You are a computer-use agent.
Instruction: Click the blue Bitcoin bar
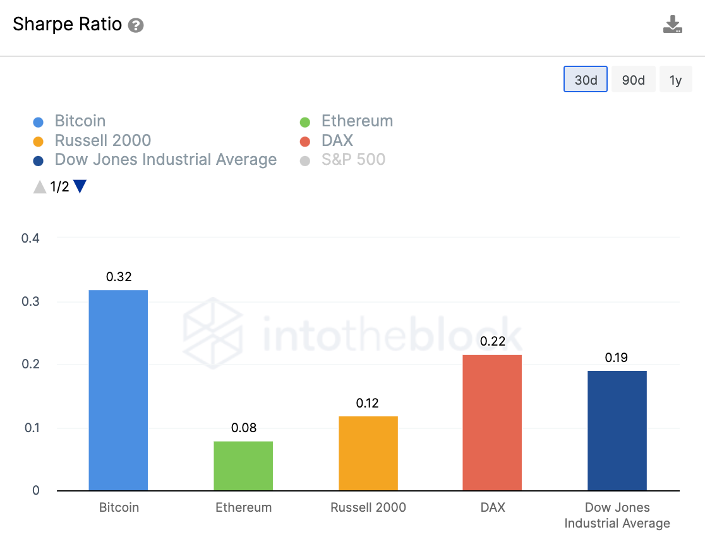point(118,390)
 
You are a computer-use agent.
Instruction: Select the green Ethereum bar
point(243,466)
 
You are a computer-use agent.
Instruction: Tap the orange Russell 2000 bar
point(368,453)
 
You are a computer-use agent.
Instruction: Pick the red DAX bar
point(492,422)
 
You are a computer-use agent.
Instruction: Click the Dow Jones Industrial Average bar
point(617,430)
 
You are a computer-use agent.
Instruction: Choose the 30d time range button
point(586,80)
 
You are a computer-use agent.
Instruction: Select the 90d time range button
point(634,80)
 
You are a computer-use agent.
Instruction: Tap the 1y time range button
point(676,80)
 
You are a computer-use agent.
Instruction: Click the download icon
point(672,25)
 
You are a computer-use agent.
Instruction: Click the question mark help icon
point(136,26)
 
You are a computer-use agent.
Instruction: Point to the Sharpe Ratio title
point(68,25)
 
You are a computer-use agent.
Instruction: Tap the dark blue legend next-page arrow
point(80,186)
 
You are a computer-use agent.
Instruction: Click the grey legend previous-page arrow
point(40,186)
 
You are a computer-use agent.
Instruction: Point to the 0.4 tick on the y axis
point(30,238)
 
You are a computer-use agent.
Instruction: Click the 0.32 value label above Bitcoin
point(118,277)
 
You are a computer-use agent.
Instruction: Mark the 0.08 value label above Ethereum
point(243,428)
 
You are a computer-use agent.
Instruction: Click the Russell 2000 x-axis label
point(368,507)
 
